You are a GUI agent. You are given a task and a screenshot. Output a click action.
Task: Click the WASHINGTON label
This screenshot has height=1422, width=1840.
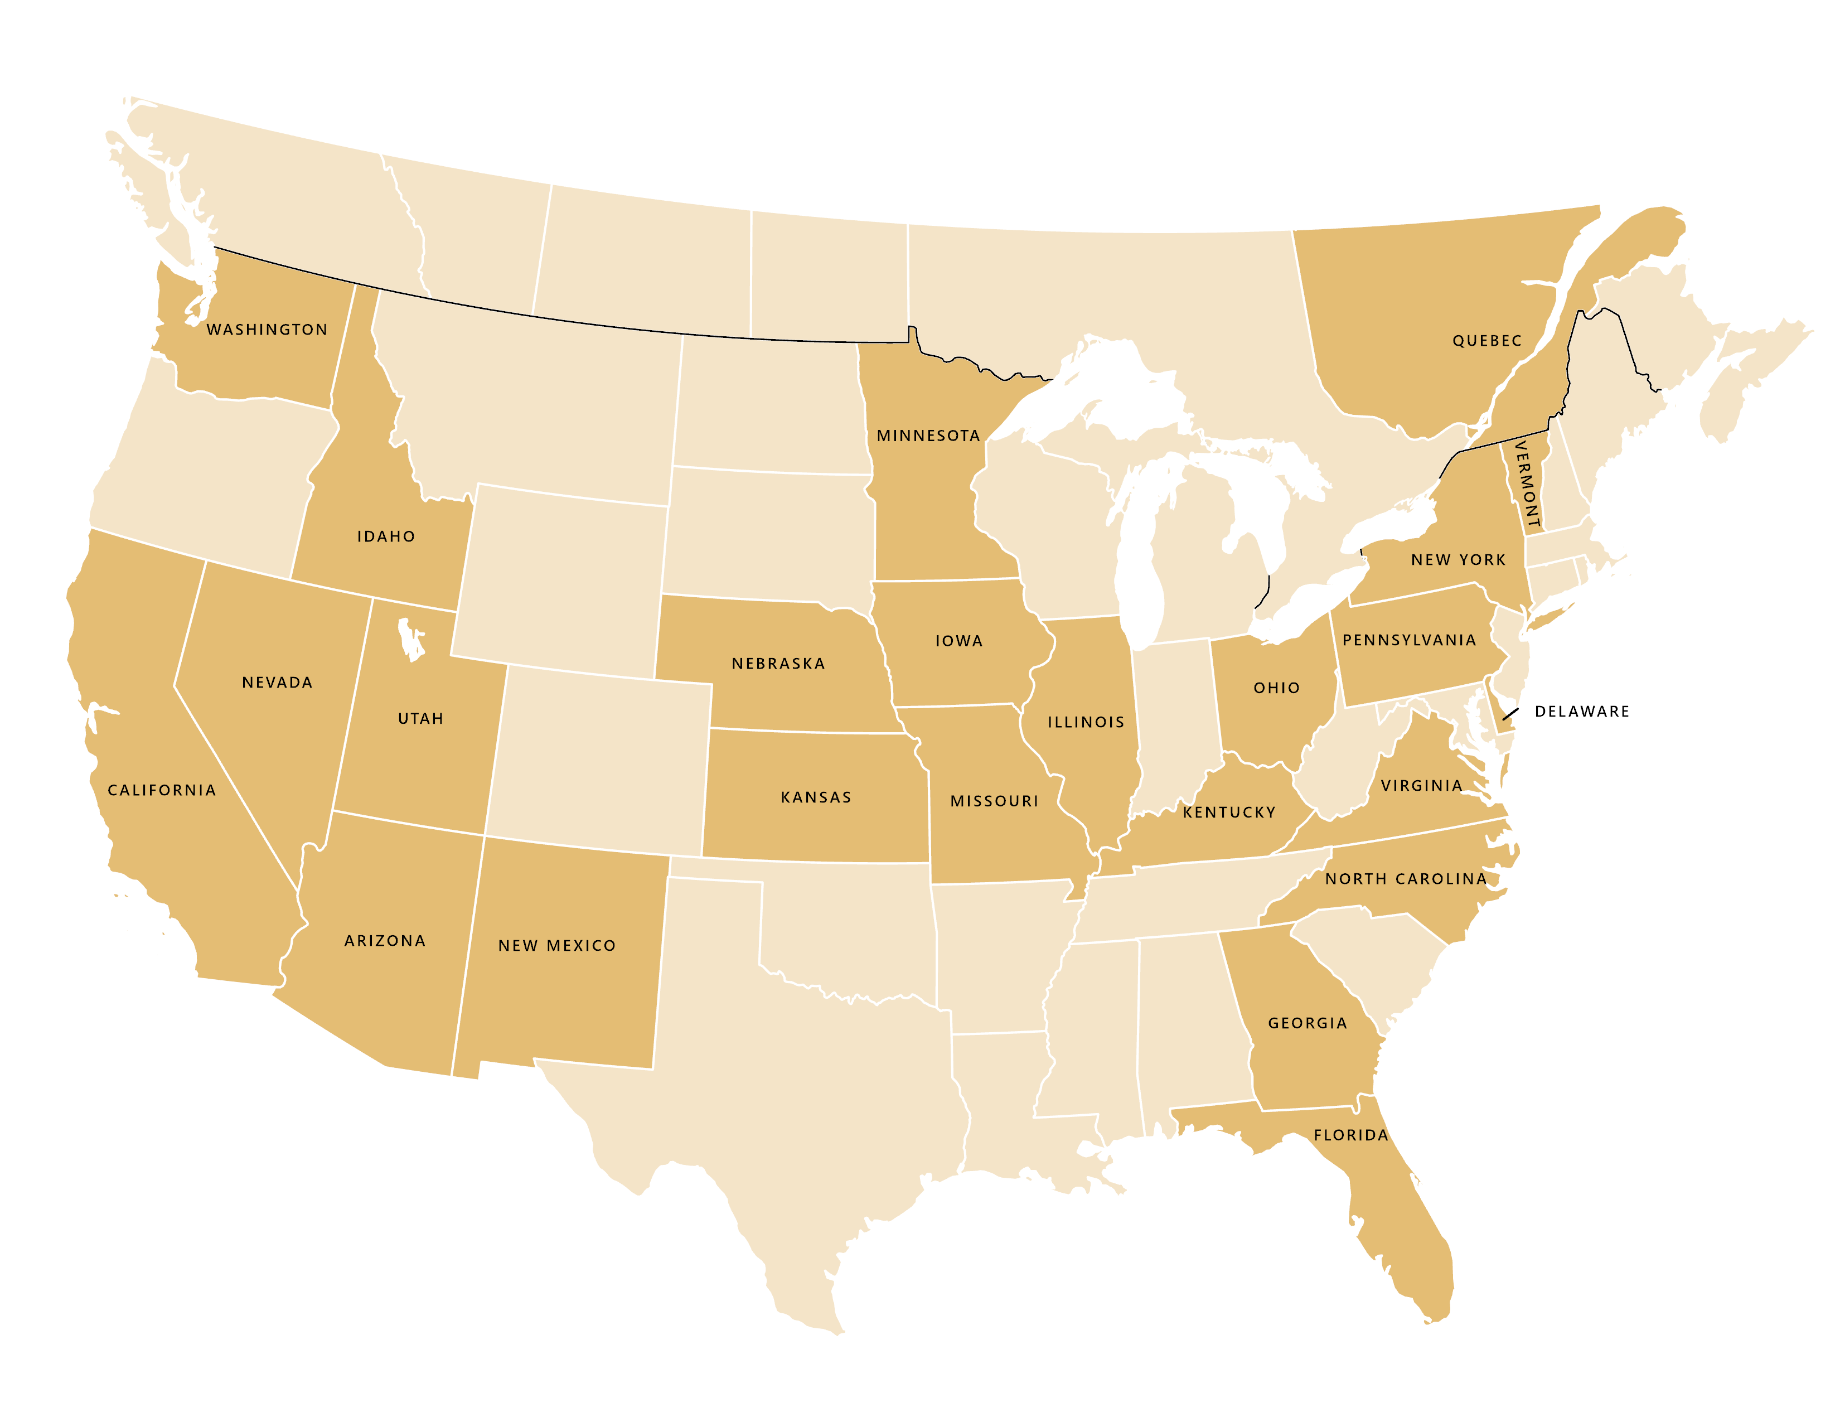pyautogui.click(x=267, y=330)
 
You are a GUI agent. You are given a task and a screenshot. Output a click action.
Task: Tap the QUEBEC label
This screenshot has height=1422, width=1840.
pyautogui.click(x=1487, y=341)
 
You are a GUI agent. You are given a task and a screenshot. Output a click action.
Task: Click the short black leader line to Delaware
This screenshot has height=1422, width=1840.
pyautogui.click(x=1510, y=714)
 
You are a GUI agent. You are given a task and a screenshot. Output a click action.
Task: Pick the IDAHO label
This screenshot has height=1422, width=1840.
pyautogui.click(x=386, y=536)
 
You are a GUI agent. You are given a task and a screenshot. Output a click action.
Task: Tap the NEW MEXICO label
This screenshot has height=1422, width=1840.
pyautogui.click(x=557, y=946)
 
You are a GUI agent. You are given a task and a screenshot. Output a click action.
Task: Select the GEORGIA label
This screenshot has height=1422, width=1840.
pyautogui.click(x=1308, y=1023)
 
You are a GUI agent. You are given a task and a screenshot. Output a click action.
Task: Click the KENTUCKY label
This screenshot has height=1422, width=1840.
pyautogui.click(x=1229, y=813)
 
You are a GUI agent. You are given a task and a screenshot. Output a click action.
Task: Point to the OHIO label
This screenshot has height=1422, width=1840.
pyautogui.click(x=1276, y=688)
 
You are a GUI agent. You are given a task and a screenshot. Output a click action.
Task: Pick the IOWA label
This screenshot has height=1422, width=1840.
pyautogui.click(x=959, y=641)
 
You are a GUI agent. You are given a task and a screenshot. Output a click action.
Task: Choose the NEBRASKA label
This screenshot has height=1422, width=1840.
pyautogui.click(x=778, y=664)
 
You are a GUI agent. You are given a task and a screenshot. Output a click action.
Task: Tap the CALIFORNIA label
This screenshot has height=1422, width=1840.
pyautogui.click(x=162, y=790)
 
